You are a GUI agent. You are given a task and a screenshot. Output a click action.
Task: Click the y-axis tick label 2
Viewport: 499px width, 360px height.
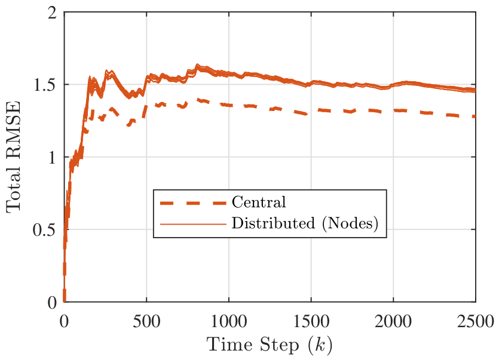coord(52,13)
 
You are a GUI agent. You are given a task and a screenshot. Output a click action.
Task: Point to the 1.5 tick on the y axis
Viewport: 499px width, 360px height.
coord(45,85)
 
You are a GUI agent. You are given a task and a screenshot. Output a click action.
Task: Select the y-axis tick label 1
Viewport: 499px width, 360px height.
coord(53,158)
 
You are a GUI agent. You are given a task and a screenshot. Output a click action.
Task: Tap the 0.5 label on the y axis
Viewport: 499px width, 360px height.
coord(45,230)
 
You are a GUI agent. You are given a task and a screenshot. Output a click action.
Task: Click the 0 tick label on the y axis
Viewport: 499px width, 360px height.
coord(52,303)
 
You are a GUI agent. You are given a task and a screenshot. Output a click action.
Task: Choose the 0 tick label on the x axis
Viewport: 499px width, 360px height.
coord(64,321)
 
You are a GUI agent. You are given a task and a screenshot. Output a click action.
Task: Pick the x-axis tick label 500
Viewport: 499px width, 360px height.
coord(146,321)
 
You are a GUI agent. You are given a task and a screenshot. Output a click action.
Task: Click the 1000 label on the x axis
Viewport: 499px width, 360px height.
coord(228,321)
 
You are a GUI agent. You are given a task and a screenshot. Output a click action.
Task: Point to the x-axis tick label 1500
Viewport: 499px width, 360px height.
coord(311,321)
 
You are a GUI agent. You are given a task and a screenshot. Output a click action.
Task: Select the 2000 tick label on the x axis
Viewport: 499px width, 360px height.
coord(393,321)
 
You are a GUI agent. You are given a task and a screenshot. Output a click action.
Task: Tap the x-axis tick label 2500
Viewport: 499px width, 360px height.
coord(476,321)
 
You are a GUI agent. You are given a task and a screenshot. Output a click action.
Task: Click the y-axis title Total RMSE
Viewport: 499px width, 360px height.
coord(13,157)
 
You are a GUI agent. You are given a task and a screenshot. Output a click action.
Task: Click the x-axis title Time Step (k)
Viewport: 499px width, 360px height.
coord(270,344)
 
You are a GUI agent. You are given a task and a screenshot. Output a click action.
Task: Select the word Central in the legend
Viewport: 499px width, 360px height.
coord(259,202)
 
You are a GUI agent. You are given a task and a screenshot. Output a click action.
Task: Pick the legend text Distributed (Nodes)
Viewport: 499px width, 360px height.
coord(305,223)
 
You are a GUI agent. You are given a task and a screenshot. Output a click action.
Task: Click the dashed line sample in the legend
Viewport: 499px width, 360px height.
coord(193,203)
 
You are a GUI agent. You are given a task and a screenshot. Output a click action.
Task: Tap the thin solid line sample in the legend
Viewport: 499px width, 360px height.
coord(193,224)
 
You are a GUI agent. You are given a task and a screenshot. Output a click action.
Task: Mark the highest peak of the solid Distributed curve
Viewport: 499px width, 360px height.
coord(197,65)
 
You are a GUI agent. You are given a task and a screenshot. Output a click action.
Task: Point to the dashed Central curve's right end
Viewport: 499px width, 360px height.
coord(475,116)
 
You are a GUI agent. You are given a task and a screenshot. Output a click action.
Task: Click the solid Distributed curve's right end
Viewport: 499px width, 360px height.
coord(475,90)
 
